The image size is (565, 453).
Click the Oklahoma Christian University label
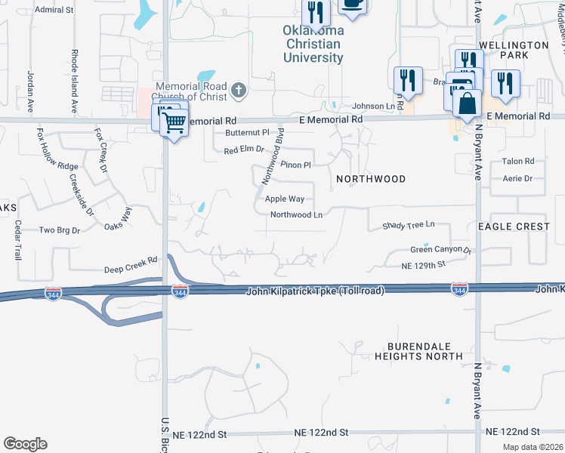point(313,44)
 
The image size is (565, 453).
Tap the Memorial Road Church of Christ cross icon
point(239,91)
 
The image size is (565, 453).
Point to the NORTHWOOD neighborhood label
point(371,179)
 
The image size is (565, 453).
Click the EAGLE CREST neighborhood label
point(514,226)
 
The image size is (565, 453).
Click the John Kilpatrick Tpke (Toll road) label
point(316,291)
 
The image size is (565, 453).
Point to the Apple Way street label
point(285,199)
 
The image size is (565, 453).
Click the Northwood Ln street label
point(296,214)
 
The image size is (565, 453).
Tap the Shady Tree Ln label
point(409,225)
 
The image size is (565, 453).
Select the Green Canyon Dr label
point(440,250)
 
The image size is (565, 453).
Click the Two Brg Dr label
point(59,230)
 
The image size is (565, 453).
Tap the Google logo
point(26,444)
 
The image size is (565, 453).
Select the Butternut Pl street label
point(247,133)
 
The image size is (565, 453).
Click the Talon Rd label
point(518,162)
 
